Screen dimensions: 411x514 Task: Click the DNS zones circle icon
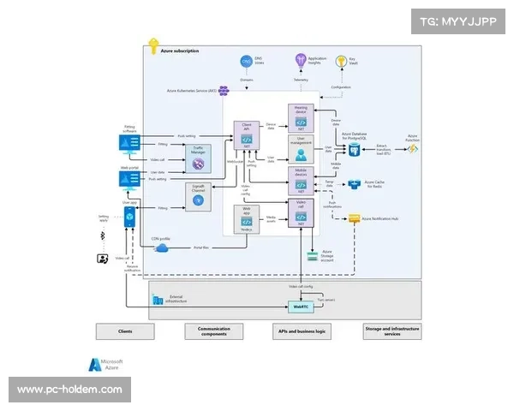click(x=245, y=61)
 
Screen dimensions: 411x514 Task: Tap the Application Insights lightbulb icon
click(x=301, y=60)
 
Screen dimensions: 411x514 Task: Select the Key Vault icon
click(x=352, y=60)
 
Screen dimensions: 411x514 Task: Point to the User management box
click(x=301, y=149)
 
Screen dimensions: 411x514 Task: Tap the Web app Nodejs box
click(x=247, y=219)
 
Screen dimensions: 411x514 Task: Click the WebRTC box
click(x=301, y=306)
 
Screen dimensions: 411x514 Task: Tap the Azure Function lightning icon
click(x=412, y=148)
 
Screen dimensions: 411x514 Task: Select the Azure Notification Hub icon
click(x=353, y=220)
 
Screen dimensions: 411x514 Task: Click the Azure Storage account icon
click(x=314, y=253)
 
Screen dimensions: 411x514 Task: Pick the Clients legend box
click(x=125, y=331)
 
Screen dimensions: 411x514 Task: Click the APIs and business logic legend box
click(x=303, y=331)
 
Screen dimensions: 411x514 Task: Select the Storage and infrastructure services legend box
click(x=392, y=331)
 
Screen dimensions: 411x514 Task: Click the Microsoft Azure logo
click(x=95, y=364)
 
